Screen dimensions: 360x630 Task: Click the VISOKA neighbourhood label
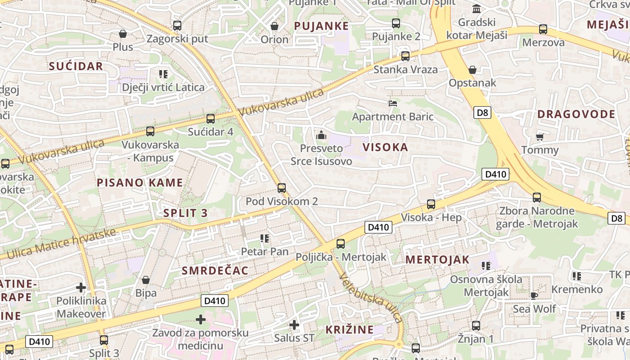385,147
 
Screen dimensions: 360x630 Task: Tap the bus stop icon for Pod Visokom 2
282,188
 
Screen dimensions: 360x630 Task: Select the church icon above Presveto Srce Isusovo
321,135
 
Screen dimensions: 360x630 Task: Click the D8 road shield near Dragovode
482,112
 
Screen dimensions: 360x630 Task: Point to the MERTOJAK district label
437,260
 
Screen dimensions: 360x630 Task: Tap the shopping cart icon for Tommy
540,137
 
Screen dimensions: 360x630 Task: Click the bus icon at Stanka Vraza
405,56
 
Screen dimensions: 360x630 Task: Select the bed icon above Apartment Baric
393,103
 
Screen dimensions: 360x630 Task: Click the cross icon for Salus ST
294,324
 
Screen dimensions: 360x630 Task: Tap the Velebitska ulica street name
371,297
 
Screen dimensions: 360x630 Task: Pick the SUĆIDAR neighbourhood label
76,67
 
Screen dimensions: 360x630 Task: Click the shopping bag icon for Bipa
145,280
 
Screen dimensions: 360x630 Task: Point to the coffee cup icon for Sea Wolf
534,296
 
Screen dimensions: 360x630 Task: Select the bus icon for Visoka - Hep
431,204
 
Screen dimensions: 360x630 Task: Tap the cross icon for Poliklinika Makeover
81,287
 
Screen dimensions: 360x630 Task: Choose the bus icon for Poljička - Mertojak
341,244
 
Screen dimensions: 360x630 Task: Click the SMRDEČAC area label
215,270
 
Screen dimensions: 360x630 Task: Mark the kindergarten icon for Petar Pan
265,238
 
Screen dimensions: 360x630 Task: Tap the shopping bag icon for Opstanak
472,70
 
